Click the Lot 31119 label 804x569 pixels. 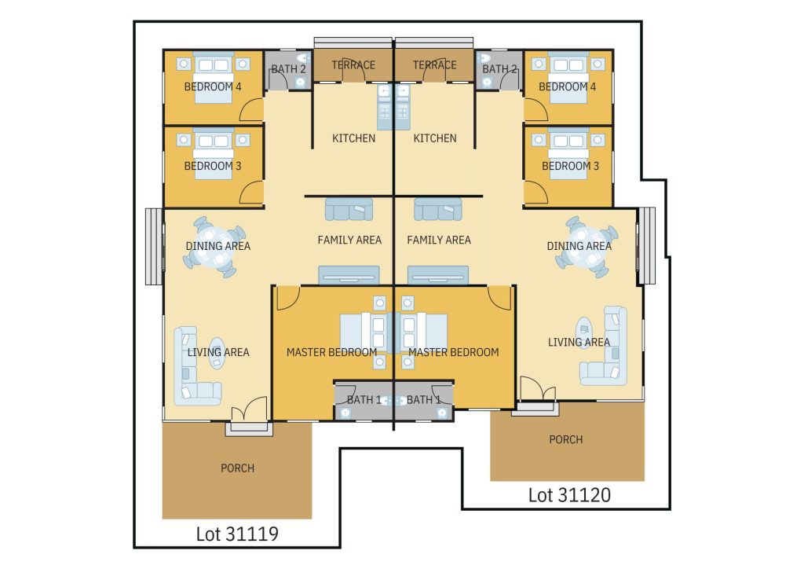click(237, 534)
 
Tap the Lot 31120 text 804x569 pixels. click(569, 495)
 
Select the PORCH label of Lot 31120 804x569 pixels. click(565, 439)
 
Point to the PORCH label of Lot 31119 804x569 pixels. click(237, 468)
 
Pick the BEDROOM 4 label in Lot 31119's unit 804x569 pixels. click(212, 86)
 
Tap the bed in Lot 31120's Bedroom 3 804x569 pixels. click(568, 153)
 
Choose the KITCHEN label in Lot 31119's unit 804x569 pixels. click(353, 138)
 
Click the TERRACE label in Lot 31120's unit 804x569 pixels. click(434, 64)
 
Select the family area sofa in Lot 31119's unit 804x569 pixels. click(349, 209)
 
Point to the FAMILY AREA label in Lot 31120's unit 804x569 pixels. click(438, 240)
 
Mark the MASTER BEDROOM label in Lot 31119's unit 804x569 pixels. click(331, 352)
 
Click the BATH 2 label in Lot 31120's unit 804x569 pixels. click(499, 68)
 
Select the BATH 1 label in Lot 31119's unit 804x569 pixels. click(364, 399)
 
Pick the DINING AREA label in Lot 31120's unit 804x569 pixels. click(579, 246)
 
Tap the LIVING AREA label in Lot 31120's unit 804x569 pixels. click(579, 342)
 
